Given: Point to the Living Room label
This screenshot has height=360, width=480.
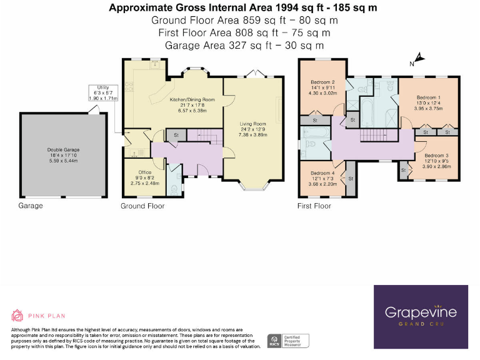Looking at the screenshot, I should tap(252, 124).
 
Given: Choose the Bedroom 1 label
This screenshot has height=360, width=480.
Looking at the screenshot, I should tap(428, 97).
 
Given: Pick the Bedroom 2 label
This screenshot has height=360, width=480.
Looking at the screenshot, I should tap(324, 82).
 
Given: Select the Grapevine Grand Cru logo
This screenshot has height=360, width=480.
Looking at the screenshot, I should tap(421, 316).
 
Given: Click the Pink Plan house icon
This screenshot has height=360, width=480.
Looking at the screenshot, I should tap(18, 316).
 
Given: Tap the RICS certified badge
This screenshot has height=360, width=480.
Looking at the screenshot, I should tap(272, 341).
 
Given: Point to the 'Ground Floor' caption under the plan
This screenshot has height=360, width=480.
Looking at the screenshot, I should tap(142, 206).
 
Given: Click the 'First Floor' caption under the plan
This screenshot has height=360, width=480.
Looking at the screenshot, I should tap(314, 206).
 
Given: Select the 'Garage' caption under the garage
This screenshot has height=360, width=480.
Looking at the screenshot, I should tap(31, 206).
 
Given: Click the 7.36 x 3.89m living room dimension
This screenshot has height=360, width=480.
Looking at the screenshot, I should tap(252, 135).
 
